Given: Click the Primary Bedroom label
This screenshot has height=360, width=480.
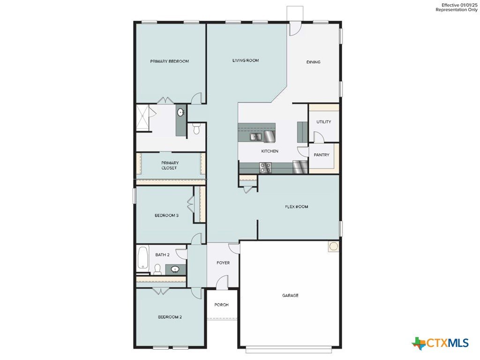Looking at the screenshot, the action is click(169, 61).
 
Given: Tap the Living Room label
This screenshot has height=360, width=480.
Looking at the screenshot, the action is click(246, 60).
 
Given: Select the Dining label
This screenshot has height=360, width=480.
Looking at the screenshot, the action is click(314, 62).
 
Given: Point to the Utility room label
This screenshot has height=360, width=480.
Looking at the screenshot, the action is click(323, 122).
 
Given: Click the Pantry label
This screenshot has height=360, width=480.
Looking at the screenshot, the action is click(322, 155).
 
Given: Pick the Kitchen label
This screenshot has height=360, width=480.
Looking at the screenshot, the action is click(270, 151).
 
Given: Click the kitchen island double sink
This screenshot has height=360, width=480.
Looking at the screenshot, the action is click(256, 136).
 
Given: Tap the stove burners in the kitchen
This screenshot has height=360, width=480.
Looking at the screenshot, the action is click(265, 167).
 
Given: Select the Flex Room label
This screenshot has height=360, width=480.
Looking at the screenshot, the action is click(296, 207).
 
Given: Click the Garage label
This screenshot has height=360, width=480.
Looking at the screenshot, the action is click(290, 296).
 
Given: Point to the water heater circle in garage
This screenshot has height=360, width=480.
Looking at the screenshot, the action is click(333, 246).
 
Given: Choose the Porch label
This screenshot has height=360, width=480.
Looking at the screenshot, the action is click(221, 305).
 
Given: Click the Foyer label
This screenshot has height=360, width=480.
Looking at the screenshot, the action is click(223, 263).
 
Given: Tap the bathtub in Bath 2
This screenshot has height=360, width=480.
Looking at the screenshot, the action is click(142, 258).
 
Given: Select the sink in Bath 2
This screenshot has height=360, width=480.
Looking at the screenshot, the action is click(175, 270).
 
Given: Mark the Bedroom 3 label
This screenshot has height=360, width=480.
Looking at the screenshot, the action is click(166, 216).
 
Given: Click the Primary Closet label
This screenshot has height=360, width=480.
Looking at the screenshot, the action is click(170, 165).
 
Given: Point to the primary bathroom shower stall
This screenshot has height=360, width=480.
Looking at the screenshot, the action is click(142, 118).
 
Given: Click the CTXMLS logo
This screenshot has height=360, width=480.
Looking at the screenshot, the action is click(440, 343).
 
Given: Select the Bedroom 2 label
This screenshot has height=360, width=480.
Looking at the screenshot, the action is click(170, 317).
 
